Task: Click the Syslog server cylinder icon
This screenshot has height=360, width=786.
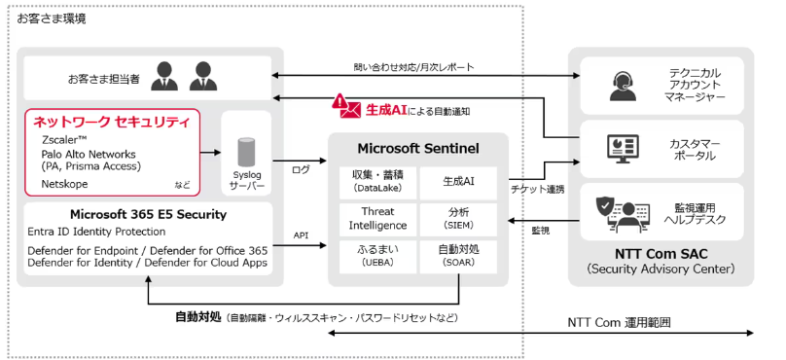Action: pyautogui.click(x=245, y=152)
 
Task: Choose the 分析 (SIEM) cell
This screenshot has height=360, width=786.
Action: pyautogui.click(x=458, y=218)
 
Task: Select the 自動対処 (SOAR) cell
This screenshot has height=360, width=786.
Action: pyautogui.click(x=458, y=255)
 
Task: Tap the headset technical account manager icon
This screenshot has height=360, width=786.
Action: pyautogui.click(x=622, y=86)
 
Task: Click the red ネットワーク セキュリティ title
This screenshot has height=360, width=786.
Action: pyautogui.click(x=111, y=122)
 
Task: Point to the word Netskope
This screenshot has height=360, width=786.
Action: pyautogui.click(x=65, y=183)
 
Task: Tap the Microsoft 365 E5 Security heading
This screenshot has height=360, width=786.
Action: pyautogui.click(x=148, y=214)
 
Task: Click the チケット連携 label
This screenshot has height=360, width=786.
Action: pyautogui.click(x=538, y=189)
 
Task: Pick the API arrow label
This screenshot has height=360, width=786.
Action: pyautogui.click(x=301, y=234)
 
